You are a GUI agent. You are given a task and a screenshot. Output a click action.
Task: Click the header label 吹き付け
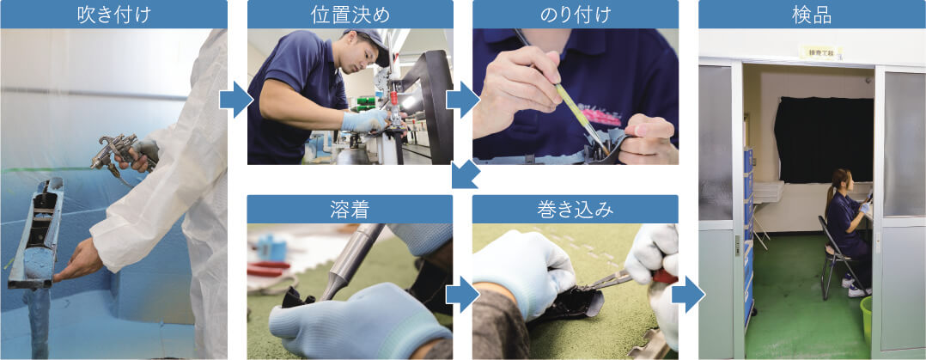(x=113, y=15)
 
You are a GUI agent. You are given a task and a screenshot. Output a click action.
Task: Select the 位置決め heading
(x=350, y=15)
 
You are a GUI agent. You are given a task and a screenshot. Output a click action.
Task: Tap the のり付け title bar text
(x=575, y=15)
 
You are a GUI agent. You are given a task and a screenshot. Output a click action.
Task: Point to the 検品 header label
(x=812, y=15)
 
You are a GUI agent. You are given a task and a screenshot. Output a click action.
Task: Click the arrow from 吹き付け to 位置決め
(x=236, y=101)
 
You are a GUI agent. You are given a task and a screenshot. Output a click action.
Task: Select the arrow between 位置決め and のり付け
(x=462, y=101)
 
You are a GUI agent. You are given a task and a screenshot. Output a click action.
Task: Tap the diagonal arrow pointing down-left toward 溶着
(x=464, y=176)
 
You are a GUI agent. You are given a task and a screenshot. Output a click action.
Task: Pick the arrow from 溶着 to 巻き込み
(x=462, y=295)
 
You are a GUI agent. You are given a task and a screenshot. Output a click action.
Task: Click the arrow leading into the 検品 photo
(x=687, y=295)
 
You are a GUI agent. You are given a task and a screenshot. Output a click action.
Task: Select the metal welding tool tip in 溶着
(x=337, y=275)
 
